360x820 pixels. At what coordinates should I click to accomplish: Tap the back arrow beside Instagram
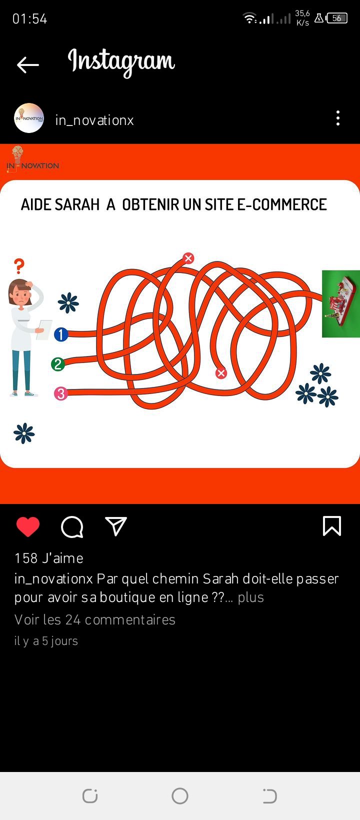point(28,65)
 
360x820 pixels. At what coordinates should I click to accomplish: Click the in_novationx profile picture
point(29,118)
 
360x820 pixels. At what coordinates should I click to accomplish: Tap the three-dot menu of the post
point(337,118)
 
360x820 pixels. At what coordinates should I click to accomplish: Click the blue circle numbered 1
point(61,334)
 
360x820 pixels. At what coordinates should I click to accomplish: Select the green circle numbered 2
point(58,364)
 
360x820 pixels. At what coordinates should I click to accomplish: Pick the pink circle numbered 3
point(61,393)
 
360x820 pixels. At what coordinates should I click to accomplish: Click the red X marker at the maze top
point(188,258)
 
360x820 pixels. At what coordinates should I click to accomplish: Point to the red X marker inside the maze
point(221,373)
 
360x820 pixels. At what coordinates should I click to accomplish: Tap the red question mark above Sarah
point(19,266)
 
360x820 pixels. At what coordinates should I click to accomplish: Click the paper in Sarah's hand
point(44,329)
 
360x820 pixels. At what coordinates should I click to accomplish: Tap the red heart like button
point(28,526)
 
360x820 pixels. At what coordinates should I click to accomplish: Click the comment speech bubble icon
point(72,527)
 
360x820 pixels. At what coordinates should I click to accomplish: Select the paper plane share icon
point(115,526)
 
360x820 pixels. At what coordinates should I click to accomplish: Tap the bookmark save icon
point(332,526)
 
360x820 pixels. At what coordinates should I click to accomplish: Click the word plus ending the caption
point(251,597)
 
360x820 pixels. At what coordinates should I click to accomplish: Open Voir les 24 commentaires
point(95,620)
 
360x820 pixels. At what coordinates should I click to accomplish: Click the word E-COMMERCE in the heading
point(282,204)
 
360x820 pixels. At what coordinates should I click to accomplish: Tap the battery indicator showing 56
point(337,18)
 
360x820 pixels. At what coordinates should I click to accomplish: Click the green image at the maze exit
point(341,304)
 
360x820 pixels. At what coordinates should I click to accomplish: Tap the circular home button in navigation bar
point(180,796)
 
